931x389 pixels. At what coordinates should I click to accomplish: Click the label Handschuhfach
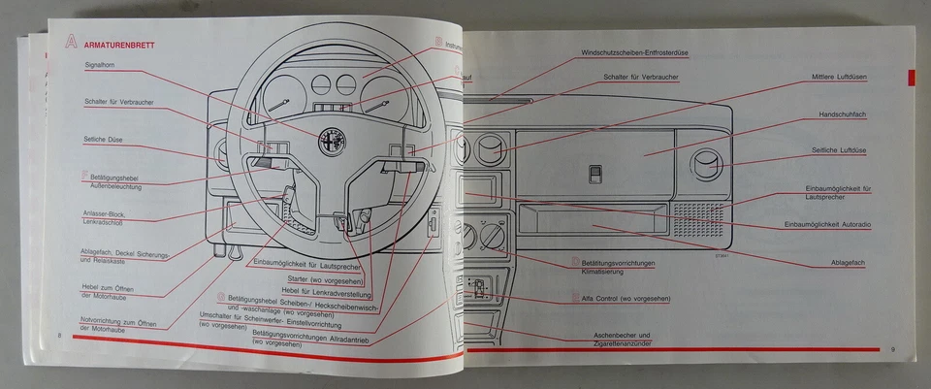[840, 113]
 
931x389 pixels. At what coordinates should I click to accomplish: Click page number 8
[59, 335]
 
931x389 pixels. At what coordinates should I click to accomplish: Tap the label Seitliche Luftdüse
[839, 150]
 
